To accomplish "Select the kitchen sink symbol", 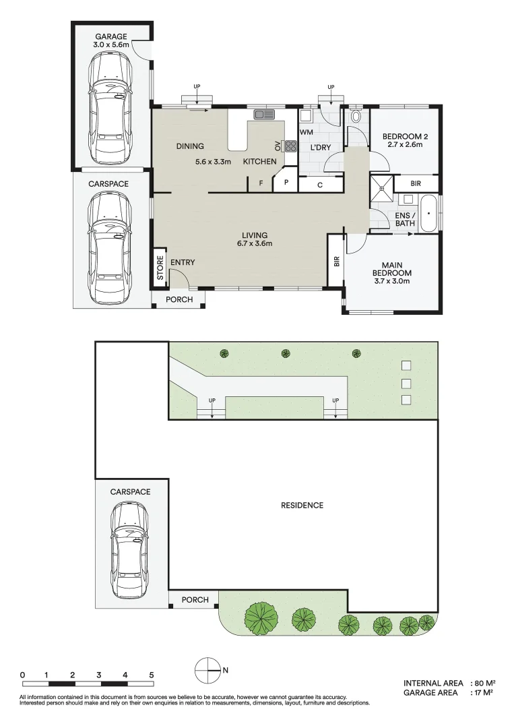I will click(x=264, y=115).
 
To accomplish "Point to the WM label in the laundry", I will click(x=306, y=132).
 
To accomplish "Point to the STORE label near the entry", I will click(x=160, y=268).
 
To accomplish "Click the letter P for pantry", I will click(x=286, y=183).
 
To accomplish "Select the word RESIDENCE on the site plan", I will click(x=302, y=505).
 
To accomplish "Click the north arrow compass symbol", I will click(x=207, y=669).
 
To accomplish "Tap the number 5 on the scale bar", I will click(x=152, y=675).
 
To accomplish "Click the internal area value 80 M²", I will click(x=482, y=683).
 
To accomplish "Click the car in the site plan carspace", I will click(x=131, y=549).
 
